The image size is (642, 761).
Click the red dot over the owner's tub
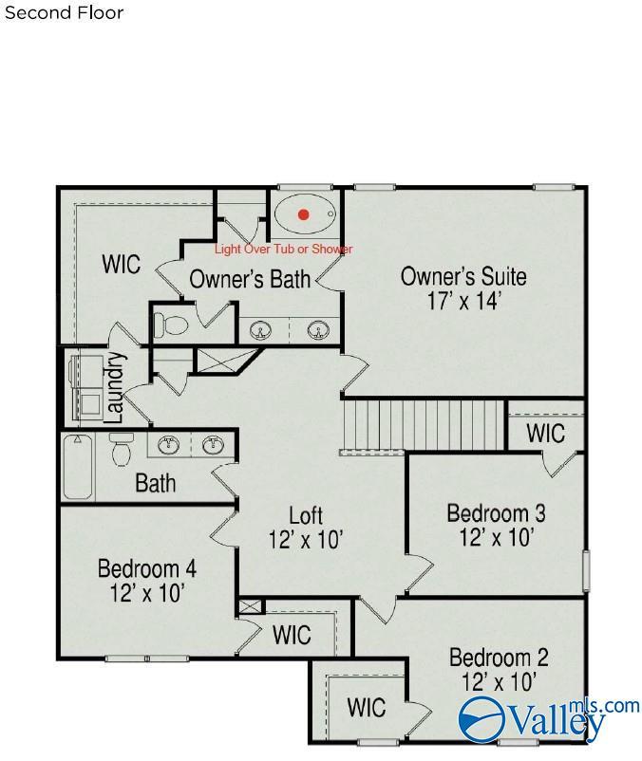(304, 214)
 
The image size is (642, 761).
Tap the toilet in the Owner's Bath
(170, 325)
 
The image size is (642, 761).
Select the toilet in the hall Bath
(122, 449)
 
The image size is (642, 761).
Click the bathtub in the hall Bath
(78, 466)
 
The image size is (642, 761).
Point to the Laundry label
(115, 387)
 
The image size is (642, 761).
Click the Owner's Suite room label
(463, 276)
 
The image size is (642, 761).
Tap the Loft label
(306, 515)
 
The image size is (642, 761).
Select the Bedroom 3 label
(496, 513)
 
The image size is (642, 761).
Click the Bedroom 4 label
(147, 568)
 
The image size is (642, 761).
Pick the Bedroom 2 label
(499, 658)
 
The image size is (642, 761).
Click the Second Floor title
(64, 12)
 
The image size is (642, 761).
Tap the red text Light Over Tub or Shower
(284, 249)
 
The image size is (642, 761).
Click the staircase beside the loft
(423, 426)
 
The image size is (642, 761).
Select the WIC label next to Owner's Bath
(122, 264)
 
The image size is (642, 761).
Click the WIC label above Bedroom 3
(546, 433)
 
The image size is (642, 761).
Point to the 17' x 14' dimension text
(463, 301)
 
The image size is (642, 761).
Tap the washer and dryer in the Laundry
(86, 387)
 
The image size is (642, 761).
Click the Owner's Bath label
(250, 279)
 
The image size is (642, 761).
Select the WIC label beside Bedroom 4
(292, 635)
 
